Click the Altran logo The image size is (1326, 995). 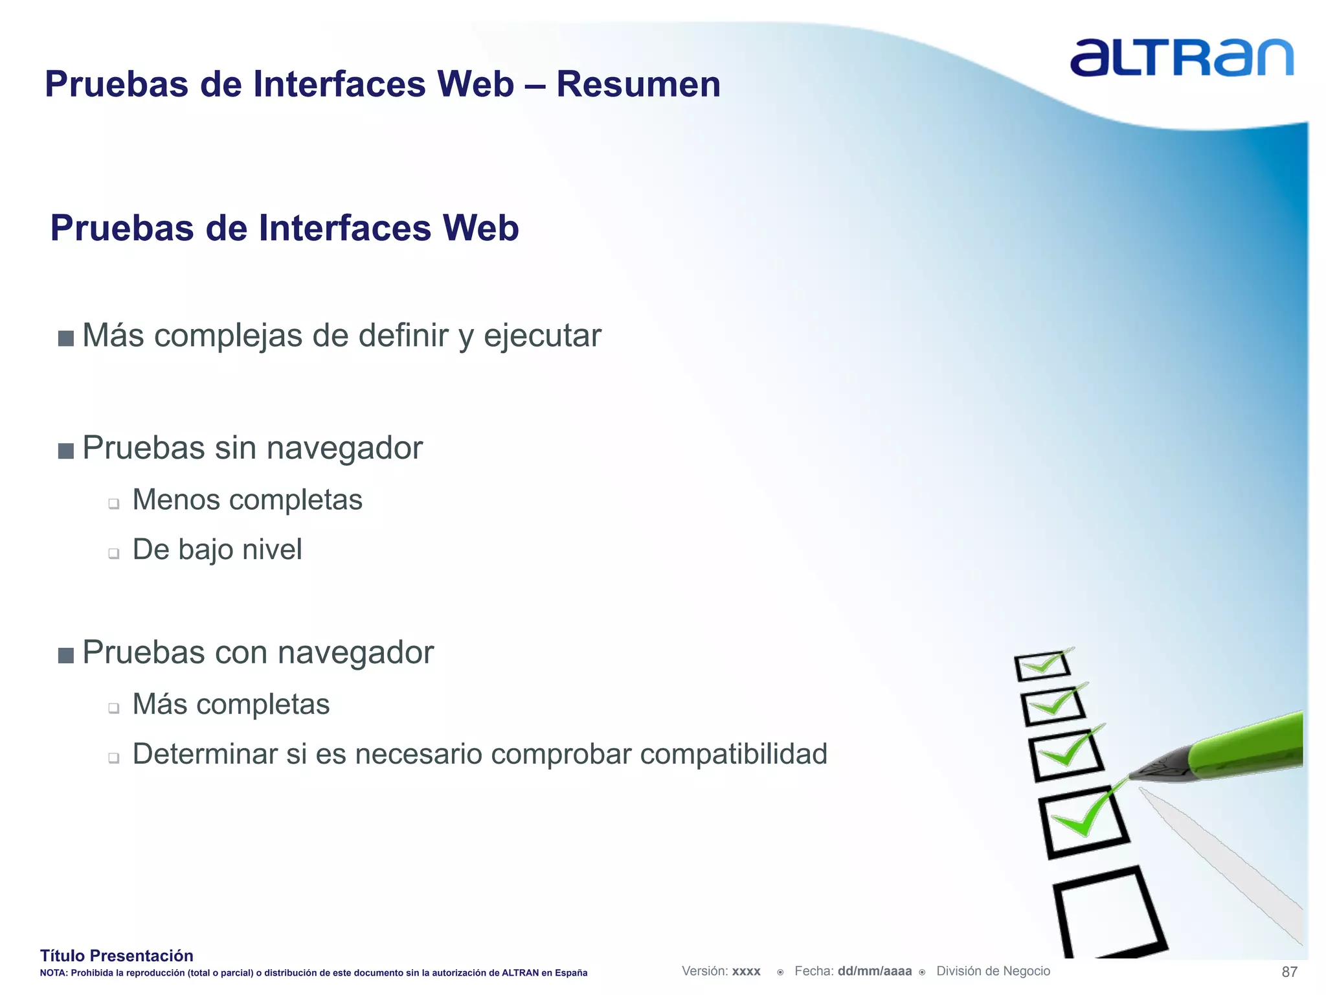1181,58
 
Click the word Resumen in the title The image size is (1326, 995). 638,85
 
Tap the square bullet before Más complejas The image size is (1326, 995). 65,338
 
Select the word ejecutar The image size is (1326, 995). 542,336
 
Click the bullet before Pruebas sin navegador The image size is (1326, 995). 65,450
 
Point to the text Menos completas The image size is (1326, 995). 247,500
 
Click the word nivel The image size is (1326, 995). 272,549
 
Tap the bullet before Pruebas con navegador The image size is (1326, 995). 65,655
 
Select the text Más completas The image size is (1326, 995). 230,704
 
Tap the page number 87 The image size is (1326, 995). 1289,972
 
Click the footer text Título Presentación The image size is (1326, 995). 117,955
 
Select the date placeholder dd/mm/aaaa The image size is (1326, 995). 874,971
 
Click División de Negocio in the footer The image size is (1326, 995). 993,971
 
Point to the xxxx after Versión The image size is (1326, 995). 746,972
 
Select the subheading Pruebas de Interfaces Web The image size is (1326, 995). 284,229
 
